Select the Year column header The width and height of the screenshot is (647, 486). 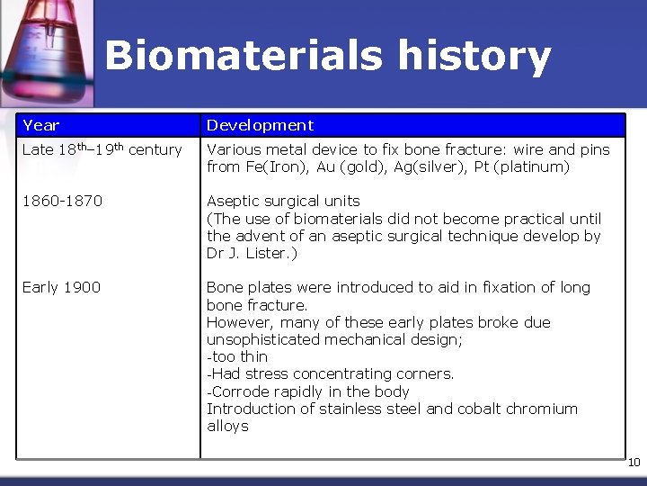[x=41, y=125]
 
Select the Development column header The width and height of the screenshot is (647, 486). [x=261, y=125]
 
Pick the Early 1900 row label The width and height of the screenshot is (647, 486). [x=61, y=287]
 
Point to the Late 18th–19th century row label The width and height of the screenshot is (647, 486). [x=102, y=149]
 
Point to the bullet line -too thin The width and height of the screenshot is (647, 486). [x=237, y=356]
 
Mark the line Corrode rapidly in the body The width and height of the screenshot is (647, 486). [x=308, y=391]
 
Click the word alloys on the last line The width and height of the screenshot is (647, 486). [x=227, y=426]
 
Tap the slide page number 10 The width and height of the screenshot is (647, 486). [x=634, y=463]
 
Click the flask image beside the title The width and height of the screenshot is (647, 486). [x=45, y=49]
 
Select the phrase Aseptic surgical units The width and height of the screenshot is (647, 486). [x=283, y=201]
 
